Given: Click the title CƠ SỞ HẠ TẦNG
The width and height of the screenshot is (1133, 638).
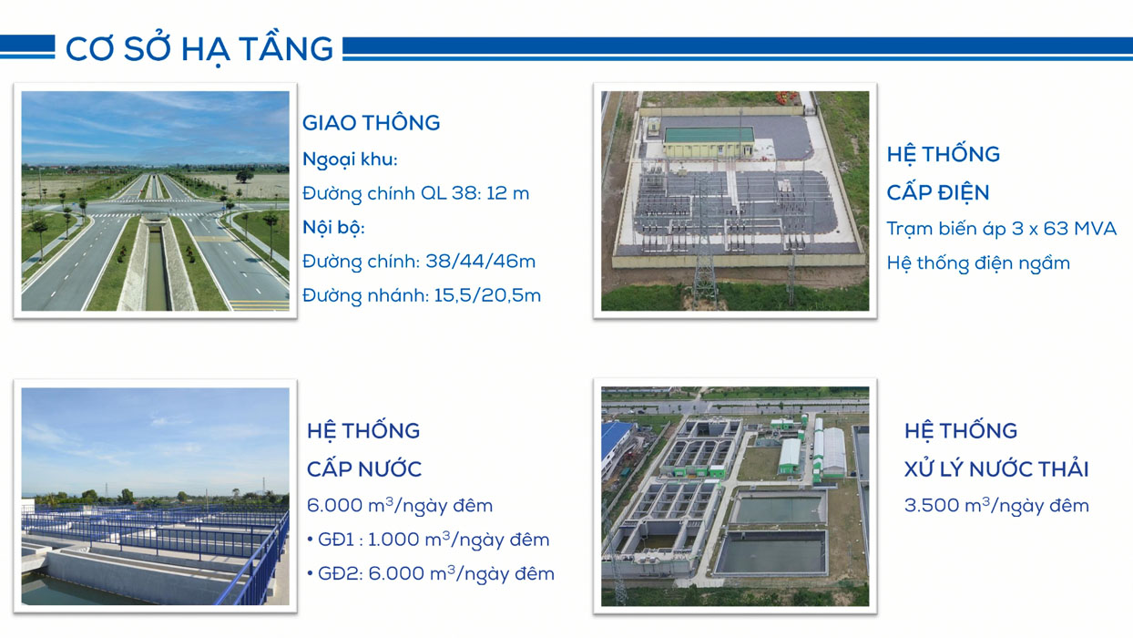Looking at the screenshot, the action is click(x=199, y=49).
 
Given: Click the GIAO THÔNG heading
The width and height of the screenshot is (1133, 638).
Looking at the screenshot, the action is click(x=372, y=123).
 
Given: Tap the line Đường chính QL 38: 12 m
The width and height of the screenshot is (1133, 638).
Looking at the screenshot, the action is click(x=416, y=193).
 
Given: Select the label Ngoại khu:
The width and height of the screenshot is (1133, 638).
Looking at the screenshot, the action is click(x=350, y=159).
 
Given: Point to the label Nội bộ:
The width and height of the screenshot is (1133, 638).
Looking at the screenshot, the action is click(x=334, y=227).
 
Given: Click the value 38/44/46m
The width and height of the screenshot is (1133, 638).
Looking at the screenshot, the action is click(x=481, y=262).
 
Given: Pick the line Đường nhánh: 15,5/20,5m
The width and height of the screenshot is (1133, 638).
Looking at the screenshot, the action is click(x=422, y=295).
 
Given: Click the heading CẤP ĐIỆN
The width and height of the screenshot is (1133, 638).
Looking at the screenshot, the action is click(x=938, y=193).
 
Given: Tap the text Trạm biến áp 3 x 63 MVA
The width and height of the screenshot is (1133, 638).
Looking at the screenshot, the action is click(x=1002, y=229).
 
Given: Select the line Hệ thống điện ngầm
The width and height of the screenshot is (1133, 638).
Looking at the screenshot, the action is click(x=978, y=263).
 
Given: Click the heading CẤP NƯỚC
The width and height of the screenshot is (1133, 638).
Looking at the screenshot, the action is click(x=364, y=469).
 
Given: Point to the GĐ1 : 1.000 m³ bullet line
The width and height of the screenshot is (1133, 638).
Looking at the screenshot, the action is click(x=428, y=540).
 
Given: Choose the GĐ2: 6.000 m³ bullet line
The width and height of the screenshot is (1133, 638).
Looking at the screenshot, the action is click(x=431, y=573).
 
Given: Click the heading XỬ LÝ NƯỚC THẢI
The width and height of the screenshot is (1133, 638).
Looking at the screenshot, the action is click(x=996, y=469).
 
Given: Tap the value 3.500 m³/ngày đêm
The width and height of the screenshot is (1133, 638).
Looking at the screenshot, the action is click(x=996, y=505).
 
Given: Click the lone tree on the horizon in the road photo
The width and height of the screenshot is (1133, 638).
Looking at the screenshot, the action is click(x=245, y=176).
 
